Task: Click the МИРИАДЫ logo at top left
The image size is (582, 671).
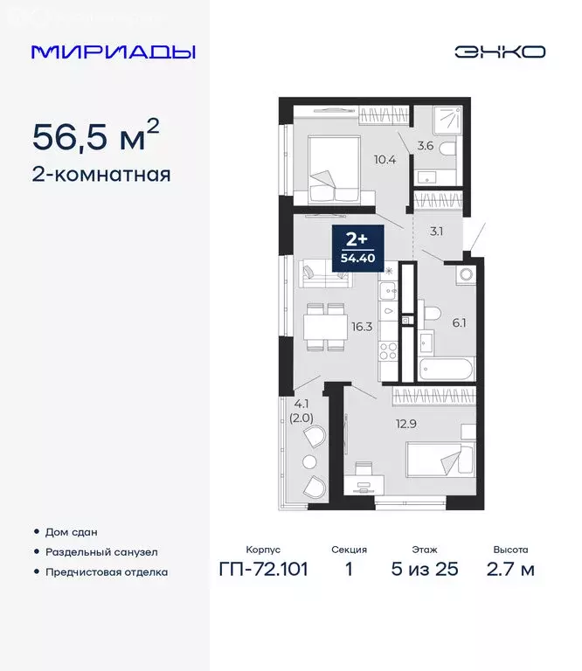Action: click(x=114, y=52)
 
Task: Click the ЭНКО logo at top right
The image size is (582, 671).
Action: click(x=499, y=52)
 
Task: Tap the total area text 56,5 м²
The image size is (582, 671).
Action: click(x=96, y=136)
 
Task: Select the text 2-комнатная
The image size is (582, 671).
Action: click(x=101, y=174)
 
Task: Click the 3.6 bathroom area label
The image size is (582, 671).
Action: click(x=425, y=146)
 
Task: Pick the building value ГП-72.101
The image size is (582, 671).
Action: click(x=263, y=571)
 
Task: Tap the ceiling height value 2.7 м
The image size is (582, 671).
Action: click(x=510, y=571)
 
